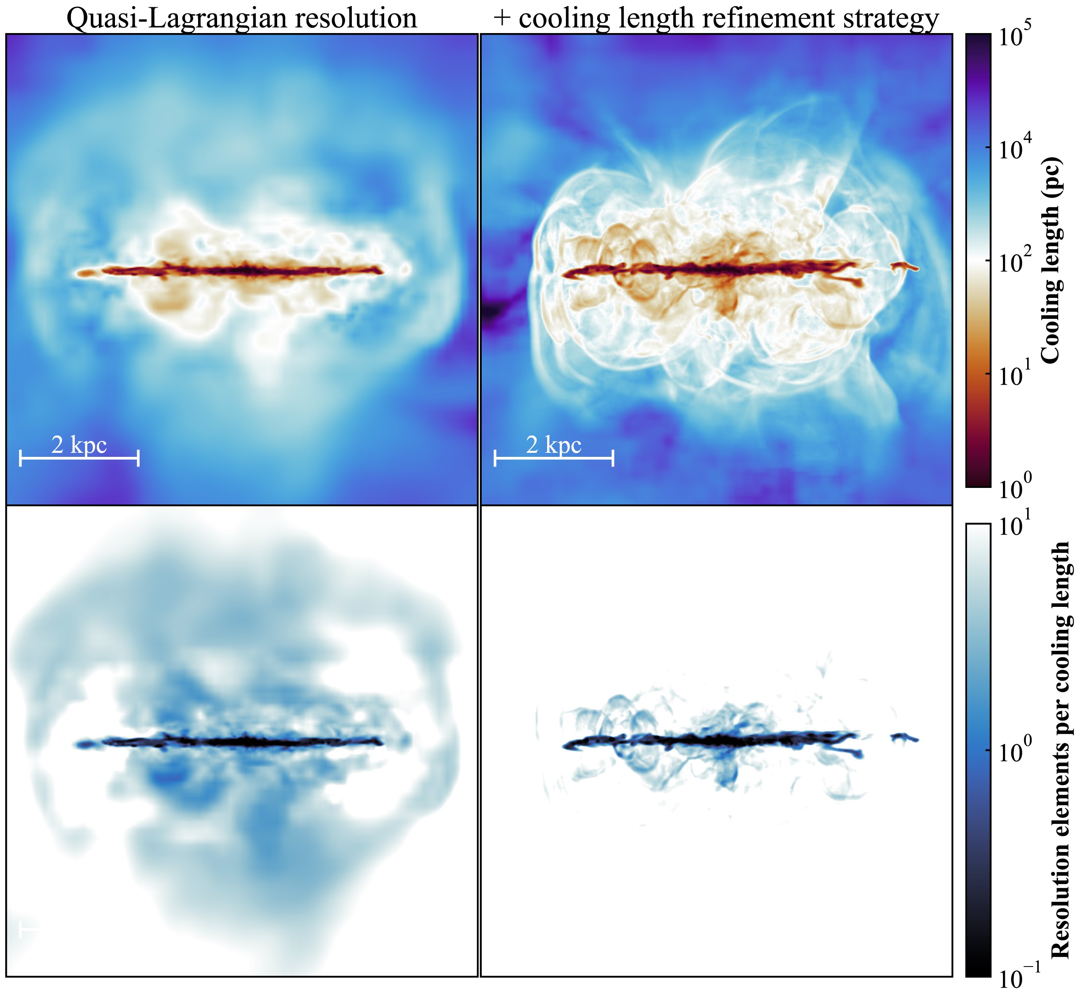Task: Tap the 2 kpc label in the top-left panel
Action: tap(79, 445)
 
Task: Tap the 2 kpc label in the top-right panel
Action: tap(553, 445)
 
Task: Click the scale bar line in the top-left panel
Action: tap(79, 458)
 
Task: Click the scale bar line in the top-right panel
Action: tap(553, 458)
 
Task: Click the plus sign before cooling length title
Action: tap(502, 19)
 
